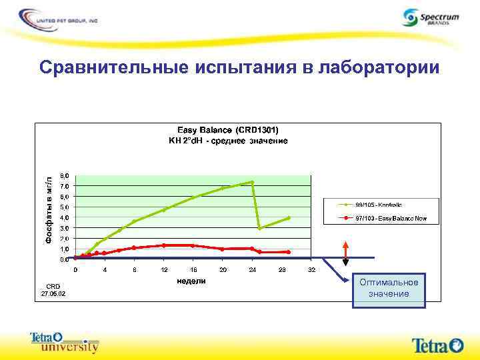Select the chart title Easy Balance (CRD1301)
(227, 129)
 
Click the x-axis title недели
(191, 281)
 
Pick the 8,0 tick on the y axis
(63, 175)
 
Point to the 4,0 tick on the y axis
(63, 217)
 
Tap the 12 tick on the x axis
(164, 270)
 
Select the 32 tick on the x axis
(311, 270)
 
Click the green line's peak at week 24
(252, 182)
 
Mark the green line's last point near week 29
(289, 218)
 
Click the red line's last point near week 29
(289, 252)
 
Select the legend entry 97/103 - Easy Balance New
(391, 218)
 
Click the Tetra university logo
(64, 341)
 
